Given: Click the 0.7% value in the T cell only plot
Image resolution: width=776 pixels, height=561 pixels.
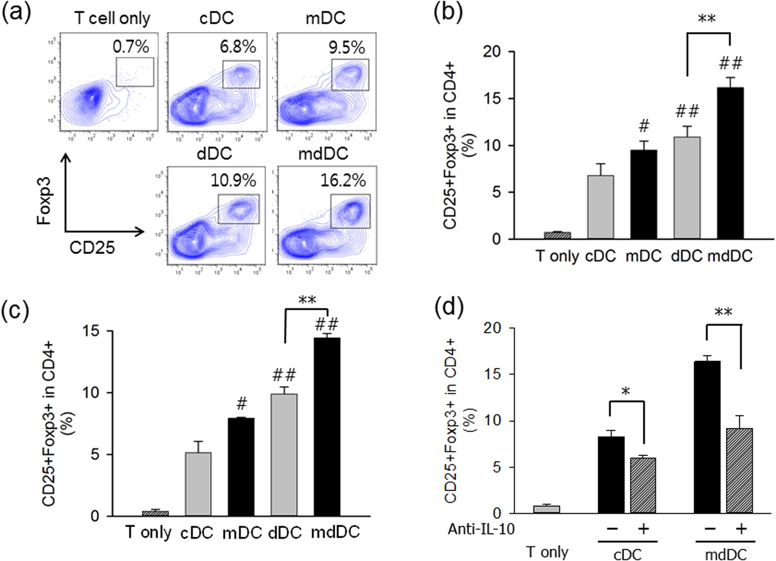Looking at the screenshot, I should click(131, 47).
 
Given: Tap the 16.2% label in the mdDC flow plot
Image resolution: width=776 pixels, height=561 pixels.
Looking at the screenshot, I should click(343, 180).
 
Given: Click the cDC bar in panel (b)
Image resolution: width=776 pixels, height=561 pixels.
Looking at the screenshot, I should click(600, 207).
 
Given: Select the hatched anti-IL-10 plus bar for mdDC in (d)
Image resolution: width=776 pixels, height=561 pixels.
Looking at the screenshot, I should click(740, 471).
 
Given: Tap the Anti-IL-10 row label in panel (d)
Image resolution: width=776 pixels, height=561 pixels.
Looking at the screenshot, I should click(481, 529).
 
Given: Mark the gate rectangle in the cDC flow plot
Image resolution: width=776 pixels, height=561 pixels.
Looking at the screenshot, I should click(241, 74).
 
